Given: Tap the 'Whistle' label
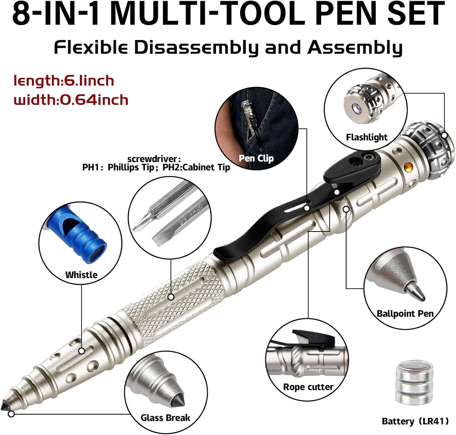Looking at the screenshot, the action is point(81,275).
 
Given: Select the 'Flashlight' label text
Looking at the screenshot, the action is point(367,137).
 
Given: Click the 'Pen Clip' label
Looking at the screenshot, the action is point(256,158).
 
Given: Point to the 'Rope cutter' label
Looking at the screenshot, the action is point(308,387).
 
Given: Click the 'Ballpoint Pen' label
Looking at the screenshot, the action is point(405,313).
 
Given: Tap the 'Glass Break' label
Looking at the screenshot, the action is point(165,418).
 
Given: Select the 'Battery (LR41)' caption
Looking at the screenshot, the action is point(415,421).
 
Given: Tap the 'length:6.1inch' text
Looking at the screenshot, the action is point(64,81).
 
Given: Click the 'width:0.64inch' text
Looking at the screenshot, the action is point(71,100).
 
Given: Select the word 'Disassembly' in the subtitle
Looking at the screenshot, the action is point(196,48).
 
